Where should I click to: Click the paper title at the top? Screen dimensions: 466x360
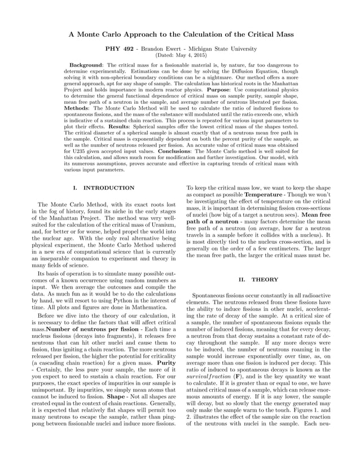click(180, 34)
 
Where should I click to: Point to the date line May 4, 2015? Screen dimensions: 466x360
click(180, 55)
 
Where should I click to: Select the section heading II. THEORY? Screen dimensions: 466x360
click(256, 279)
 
